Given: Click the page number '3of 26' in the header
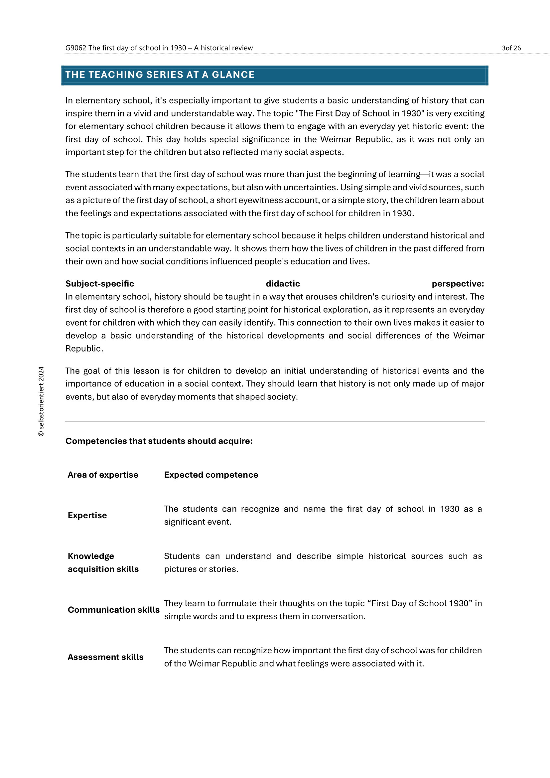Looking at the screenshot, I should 511,48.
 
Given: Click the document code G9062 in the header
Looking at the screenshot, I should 75,48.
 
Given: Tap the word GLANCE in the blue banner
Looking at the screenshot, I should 233,75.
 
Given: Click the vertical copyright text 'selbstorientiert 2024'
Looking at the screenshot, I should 41,401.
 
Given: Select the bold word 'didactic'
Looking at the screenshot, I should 283,284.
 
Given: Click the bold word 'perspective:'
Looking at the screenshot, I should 458,284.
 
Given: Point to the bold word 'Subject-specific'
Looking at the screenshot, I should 99,284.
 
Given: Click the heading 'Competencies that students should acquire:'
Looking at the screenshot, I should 159,441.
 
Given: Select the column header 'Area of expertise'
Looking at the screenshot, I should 103,475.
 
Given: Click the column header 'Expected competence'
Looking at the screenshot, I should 211,475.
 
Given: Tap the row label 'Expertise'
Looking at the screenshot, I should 87,515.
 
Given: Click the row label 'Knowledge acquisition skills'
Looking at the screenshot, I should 103,562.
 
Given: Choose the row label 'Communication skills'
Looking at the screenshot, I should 113,610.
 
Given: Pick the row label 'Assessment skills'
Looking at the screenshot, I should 106,657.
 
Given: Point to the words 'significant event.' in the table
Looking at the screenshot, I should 198,522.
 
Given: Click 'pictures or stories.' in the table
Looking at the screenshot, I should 201,569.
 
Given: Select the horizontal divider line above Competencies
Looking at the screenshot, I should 275,421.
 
